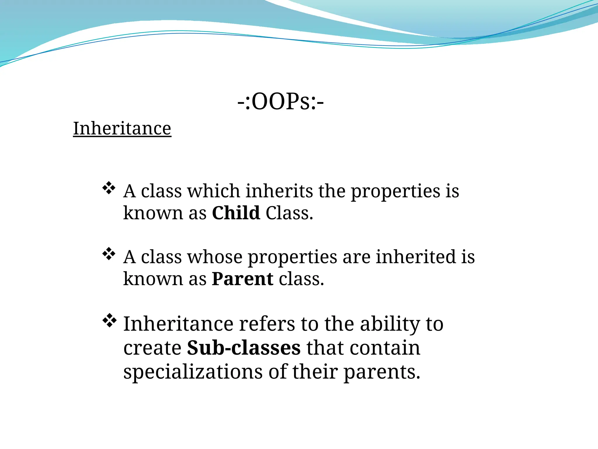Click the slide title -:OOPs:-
point(280,102)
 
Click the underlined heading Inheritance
point(122,129)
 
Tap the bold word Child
point(236,213)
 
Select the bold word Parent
point(243,279)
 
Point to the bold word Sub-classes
point(244,348)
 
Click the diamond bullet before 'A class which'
point(109,188)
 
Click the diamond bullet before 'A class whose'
point(109,254)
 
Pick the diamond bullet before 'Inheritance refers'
point(109,320)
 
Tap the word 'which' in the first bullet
point(213,191)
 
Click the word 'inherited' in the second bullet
point(416,257)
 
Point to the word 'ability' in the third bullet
point(390,324)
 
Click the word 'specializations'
point(193,372)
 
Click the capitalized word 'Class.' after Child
point(289,213)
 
